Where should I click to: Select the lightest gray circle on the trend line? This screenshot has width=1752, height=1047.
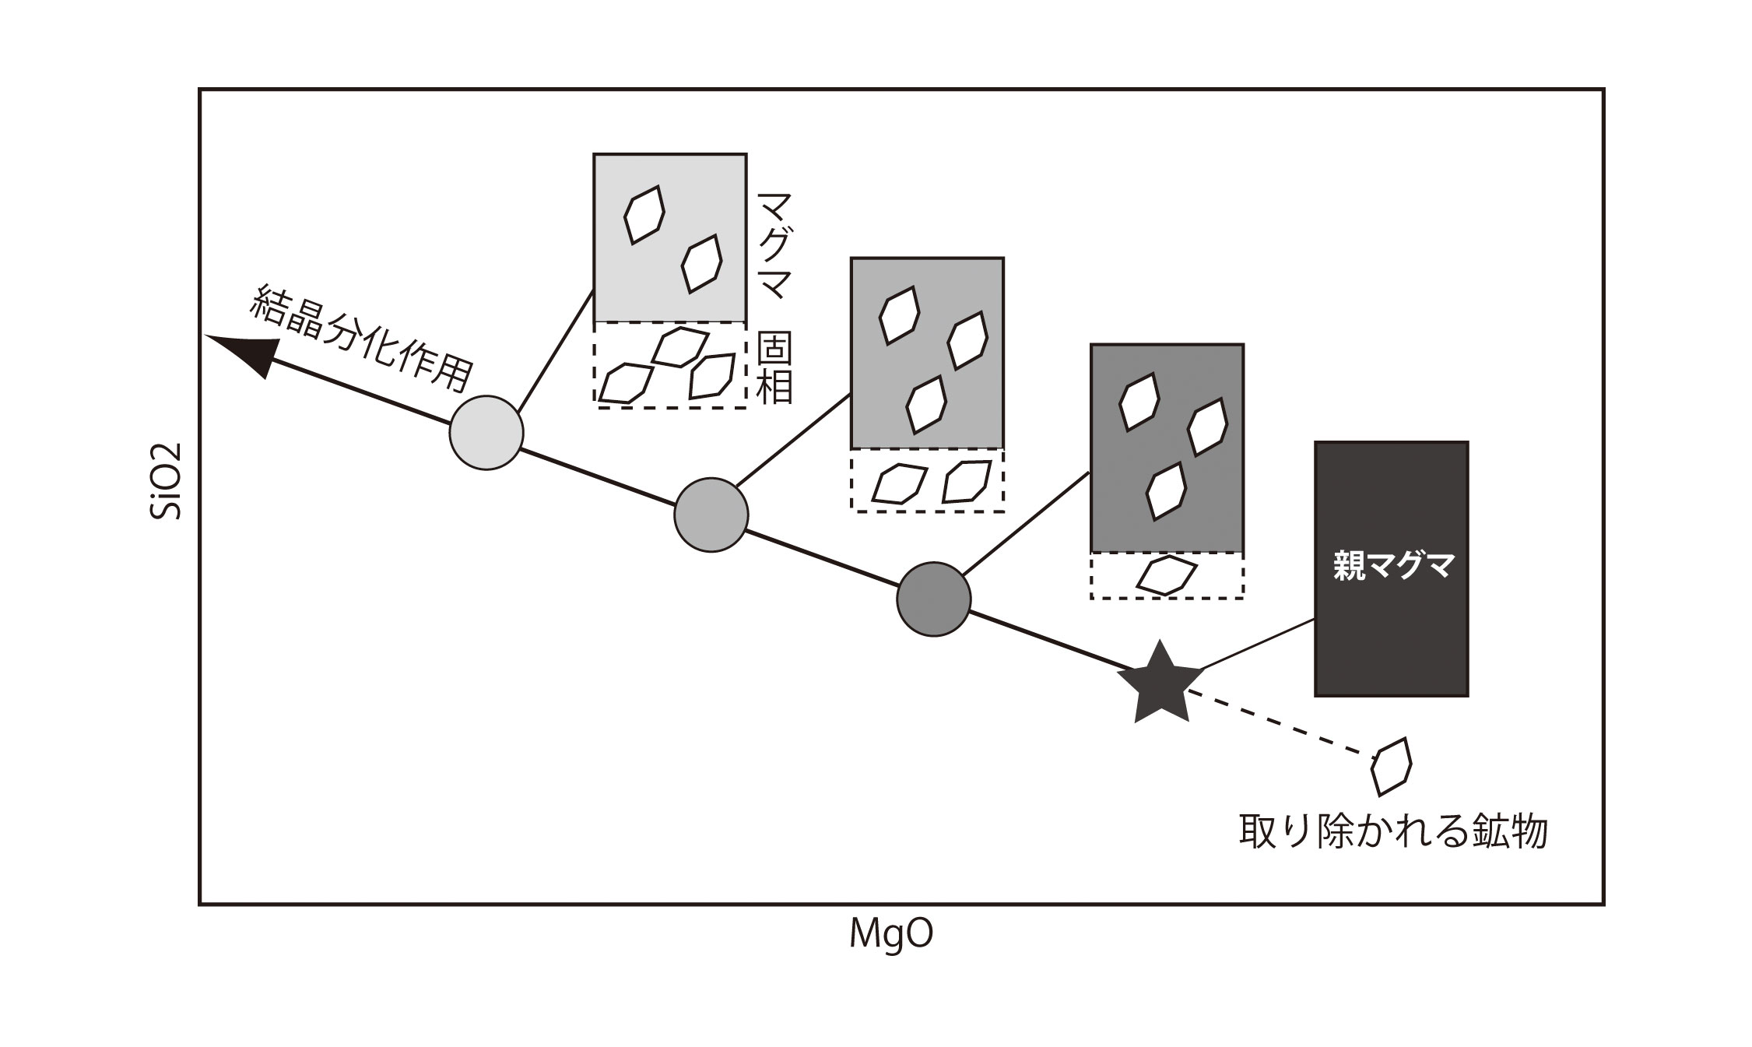(486, 433)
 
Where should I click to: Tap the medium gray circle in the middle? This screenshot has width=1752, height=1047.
(711, 515)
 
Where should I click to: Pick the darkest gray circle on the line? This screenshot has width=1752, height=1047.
(934, 599)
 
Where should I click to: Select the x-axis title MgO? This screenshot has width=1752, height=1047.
(890, 935)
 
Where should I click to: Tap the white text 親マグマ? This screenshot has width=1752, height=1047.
(1391, 566)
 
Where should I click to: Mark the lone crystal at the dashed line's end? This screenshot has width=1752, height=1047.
(1391, 767)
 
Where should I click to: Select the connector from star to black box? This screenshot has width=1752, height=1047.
(1257, 644)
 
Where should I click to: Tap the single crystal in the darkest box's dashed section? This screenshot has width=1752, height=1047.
(1166, 574)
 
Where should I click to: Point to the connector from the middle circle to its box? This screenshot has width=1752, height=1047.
(793, 438)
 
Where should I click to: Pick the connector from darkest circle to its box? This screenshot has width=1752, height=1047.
(1026, 523)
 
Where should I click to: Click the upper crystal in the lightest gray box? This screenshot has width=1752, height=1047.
(644, 214)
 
